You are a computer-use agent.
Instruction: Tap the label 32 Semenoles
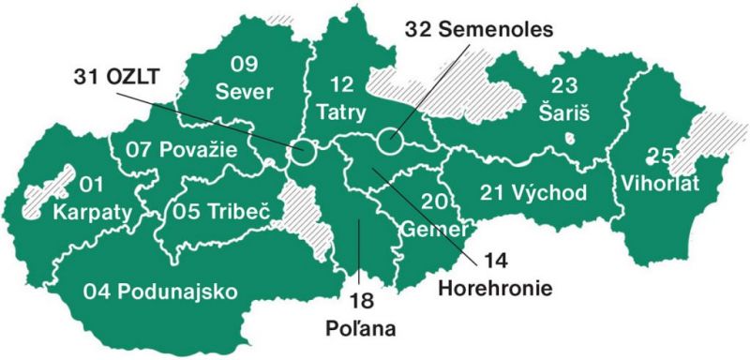479,28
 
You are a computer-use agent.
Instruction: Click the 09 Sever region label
245,78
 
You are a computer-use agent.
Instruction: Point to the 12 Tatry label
342,98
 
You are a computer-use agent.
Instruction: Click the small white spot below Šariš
568,137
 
